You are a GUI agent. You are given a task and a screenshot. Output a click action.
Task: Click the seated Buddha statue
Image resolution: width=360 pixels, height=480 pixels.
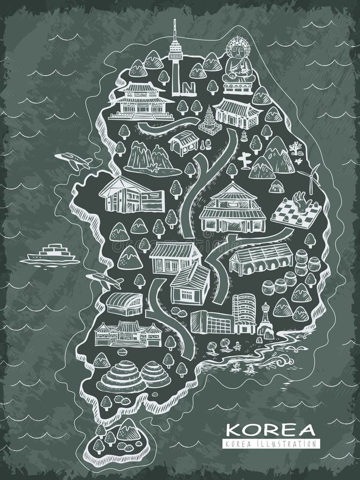[236, 63]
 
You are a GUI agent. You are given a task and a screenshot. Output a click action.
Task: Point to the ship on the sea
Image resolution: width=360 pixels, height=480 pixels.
[51, 254]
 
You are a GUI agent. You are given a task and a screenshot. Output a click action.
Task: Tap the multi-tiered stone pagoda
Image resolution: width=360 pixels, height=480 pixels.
[209, 121]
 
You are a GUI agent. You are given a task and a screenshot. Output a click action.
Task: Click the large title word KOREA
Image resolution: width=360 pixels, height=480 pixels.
[270, 430]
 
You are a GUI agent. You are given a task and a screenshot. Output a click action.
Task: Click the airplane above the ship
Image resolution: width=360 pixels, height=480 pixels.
[72, 159]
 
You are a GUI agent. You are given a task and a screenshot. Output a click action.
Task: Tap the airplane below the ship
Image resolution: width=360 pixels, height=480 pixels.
[104, 279]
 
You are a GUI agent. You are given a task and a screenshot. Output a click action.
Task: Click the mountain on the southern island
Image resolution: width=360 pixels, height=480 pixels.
[128, 429]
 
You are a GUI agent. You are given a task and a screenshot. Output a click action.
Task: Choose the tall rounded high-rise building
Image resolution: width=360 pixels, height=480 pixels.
[244, 313]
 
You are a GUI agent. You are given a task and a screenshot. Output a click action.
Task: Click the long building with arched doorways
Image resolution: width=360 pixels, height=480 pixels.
[261, 260]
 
